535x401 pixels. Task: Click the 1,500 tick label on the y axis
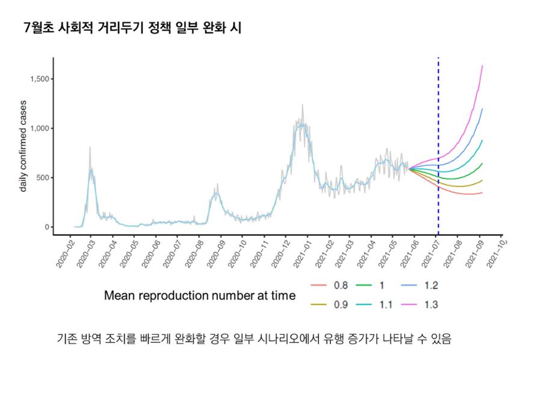(x=39, y=79)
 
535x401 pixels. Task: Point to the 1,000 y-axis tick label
(x=39, y=129)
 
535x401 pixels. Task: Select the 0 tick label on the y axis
(x=46, y=227)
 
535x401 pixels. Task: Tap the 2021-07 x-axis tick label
(x=433, y=254)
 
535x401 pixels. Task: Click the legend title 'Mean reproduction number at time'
(x=200, y=296)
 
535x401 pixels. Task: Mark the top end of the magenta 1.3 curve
(x=483, y=66)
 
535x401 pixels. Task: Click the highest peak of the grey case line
(x=303, y=105)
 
